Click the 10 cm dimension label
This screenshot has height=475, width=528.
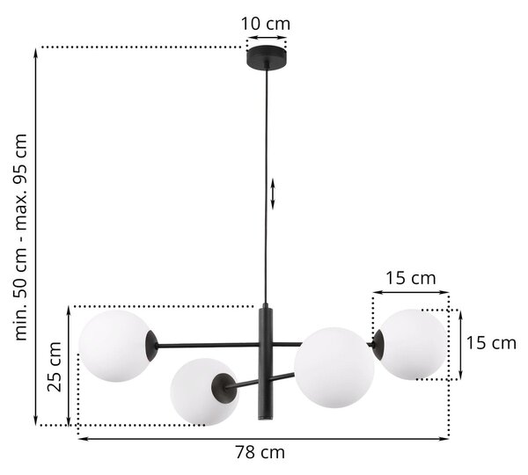coord(266,24)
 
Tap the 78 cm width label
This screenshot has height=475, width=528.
coord(260,452)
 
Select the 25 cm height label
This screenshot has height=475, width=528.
coord(55,367)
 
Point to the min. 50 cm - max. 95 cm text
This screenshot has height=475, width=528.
coord(20,237)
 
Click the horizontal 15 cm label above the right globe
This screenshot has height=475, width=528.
coord(410,278)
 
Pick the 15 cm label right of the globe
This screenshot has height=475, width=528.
coord(491,343)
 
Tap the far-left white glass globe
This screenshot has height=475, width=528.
coord(114,346)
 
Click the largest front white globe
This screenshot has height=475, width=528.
coord(334,368)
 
